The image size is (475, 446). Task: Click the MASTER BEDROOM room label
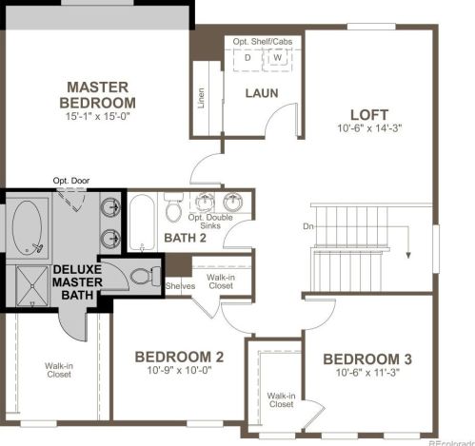(97, 93)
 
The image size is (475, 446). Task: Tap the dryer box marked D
(248, 58)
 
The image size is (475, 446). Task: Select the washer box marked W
(278, 58)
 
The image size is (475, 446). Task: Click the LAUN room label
(261, 92)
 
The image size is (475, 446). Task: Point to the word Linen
(201, 98)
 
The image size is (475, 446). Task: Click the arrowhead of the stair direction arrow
(406, 254)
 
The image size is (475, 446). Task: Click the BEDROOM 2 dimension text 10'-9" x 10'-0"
(178, 373)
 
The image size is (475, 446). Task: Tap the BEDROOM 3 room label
(366, 359)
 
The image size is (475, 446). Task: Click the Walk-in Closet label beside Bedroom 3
(280, 399)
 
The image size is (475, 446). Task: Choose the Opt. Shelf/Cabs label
(264, 42)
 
